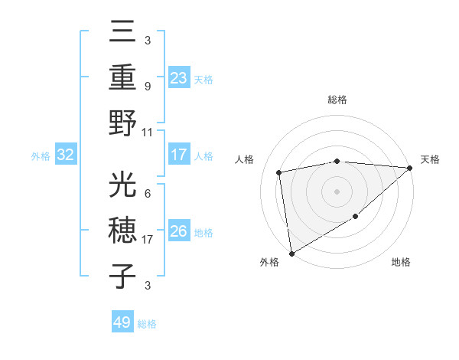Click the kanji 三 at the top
[124, 32]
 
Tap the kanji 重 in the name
[124, 77]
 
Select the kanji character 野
[124, 123]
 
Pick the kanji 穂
[124, 231]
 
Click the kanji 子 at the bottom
[124, 277]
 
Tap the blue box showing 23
[179, 77]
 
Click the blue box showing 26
[179, 231]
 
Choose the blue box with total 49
[122, 322]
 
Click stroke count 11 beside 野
[148, 132]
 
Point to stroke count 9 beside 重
[147, 87]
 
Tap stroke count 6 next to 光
[147, 195]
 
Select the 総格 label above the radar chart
[337, 100]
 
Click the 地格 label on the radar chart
[401, 263]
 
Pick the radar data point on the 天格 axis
[410, 169]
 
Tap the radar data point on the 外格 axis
[291, 253]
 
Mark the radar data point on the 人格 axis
[279, 172]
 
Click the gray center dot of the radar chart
[337, 191]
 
